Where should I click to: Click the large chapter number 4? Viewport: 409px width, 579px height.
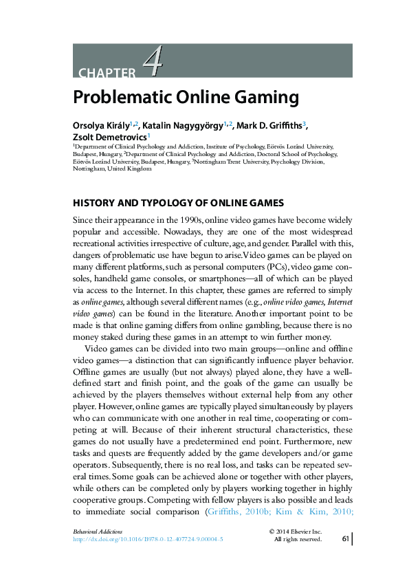[x=153, y=63]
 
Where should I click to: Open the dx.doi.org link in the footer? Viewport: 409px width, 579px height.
[x=148, y=540]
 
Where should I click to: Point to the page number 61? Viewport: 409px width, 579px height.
[x=346, y=539]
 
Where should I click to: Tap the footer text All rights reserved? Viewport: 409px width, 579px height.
[x=298, y=540]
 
